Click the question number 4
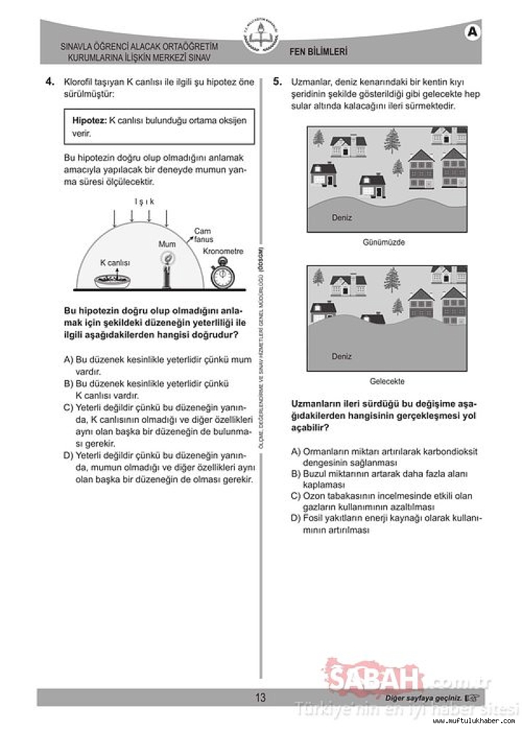tap(49, 82)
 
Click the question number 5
tap(277, 82)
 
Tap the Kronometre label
tap(223, 251)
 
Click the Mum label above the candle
tap(167, 244)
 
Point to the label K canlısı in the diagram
tap(115, 262)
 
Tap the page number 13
tap(260, 698)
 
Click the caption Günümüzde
tap(384, 242)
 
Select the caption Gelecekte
tap(387, 381)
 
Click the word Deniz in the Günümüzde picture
tap(341, 217)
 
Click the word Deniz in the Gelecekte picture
tap(341, 356)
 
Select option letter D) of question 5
tap(296, 518)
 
